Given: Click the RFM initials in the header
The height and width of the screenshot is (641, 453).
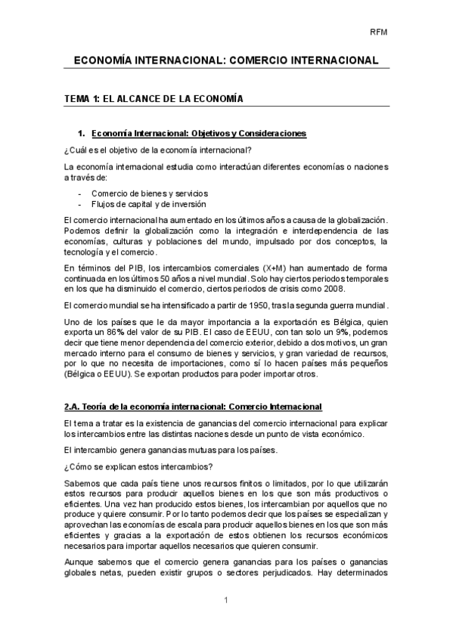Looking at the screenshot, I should tap(378, 32).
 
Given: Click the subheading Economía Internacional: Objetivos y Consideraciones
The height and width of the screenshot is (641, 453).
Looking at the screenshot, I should tap(198, 134).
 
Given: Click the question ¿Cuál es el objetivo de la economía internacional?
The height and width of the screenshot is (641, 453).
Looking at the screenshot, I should tap(157, 149).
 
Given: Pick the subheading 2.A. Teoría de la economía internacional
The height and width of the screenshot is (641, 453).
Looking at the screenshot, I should tap(193, 406).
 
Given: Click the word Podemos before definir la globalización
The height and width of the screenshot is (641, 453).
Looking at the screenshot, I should tap(84, 230).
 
